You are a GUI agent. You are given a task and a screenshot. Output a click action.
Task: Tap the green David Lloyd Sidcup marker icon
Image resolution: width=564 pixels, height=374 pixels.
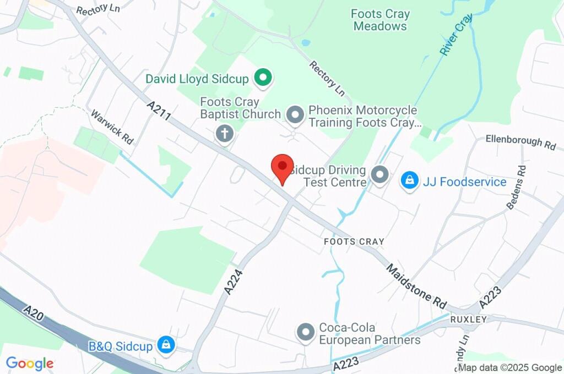click(263, 78)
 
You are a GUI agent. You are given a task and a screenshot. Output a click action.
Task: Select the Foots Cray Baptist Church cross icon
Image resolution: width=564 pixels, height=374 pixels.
click(224, 133)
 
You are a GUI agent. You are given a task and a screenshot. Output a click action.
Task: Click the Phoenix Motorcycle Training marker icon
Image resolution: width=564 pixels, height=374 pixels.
click(296, 115)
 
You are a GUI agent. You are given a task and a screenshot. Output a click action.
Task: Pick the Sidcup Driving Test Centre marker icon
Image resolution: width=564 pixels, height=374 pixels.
click(379, 175)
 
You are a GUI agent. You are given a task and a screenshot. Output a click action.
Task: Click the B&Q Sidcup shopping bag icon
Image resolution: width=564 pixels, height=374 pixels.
click(165, 345)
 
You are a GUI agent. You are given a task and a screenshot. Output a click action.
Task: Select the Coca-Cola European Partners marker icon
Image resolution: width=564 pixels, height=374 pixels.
click(305, 332)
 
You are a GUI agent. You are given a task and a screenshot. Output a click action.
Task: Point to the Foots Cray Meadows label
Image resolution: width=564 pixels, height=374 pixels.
click(380, 20)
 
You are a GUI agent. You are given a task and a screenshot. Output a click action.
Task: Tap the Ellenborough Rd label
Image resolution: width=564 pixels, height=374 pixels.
click(520, 142)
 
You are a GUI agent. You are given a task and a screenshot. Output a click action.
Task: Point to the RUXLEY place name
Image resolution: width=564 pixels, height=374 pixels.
click(468, 319)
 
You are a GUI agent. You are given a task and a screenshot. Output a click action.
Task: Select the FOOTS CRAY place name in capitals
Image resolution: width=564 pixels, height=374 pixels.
click(354, 241)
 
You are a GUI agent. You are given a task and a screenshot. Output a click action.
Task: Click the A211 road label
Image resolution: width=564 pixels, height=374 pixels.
click(159, 110)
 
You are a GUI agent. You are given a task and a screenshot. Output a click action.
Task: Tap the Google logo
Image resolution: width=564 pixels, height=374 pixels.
click(30, 363)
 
